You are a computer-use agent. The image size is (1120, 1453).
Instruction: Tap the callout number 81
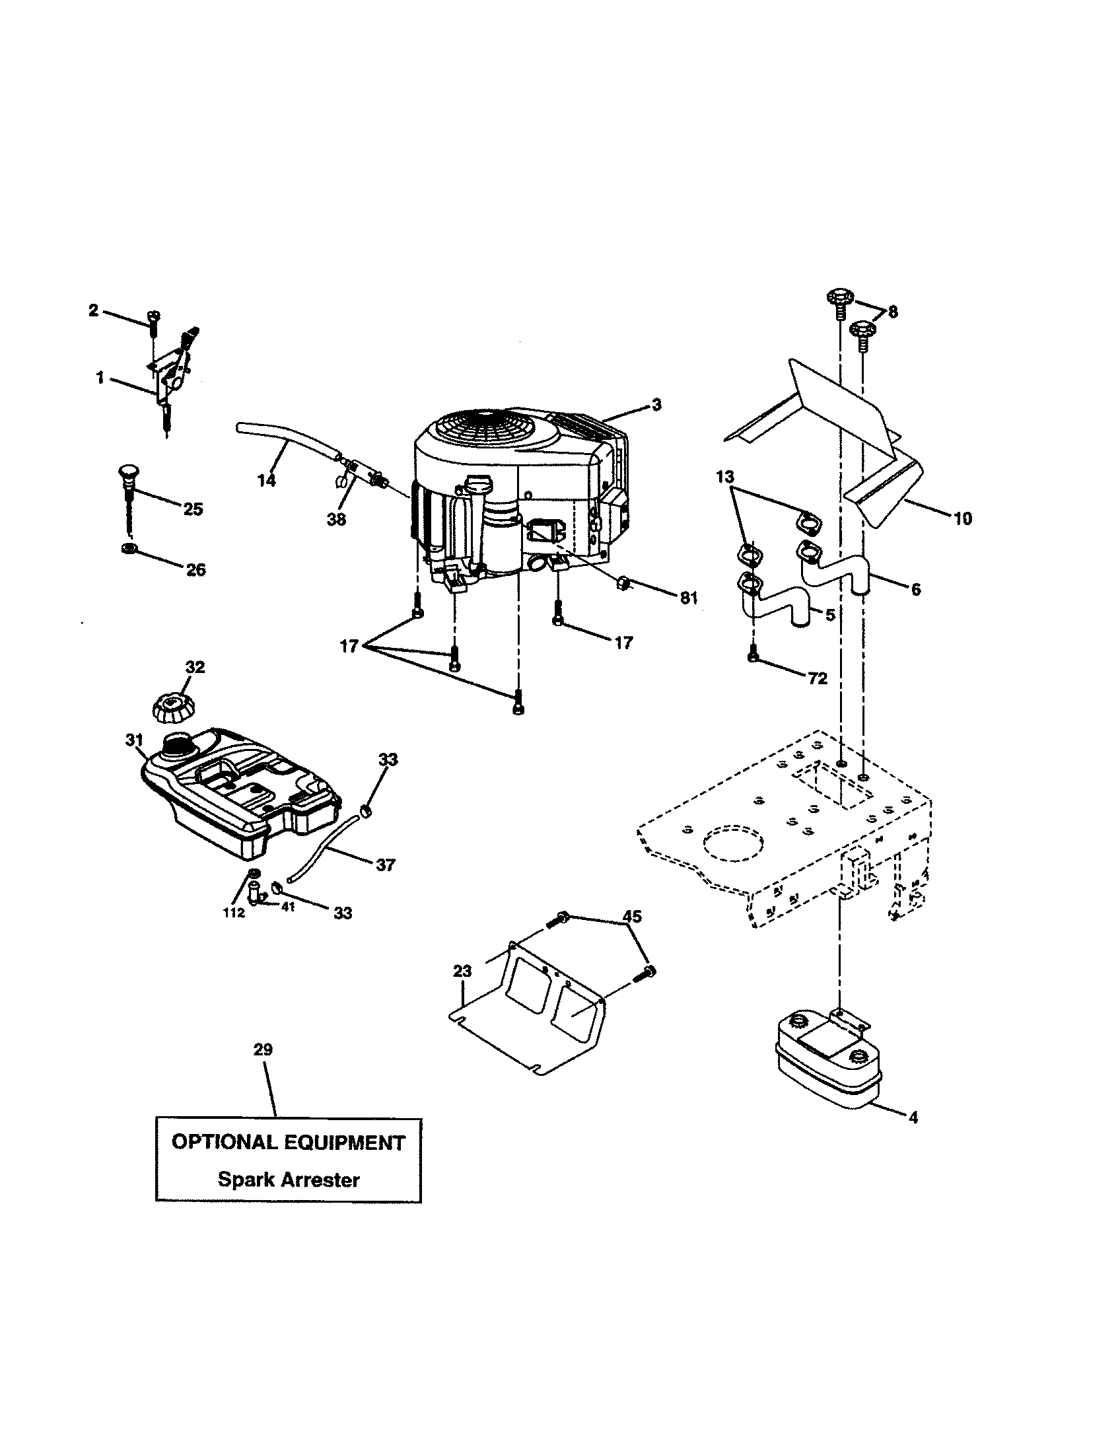click(688, 598)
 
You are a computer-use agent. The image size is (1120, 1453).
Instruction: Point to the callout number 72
click(817, 678)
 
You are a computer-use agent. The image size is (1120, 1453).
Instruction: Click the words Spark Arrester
click(289, 1180)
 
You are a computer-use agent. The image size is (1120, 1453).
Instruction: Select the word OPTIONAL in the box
click(223, 1143)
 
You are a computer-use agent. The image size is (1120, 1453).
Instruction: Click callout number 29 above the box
click(263, 1050)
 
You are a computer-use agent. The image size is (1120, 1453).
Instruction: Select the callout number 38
click(337, 520)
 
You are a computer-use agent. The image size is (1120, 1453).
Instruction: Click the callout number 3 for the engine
click(656, 404)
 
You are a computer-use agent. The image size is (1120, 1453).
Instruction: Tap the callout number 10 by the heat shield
click(962, 518)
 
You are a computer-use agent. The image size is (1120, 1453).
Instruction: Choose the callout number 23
click(462, 972)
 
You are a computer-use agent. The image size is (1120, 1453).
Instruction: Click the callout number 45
click(632, 917)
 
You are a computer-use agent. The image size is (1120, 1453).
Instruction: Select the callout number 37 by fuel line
click(385, 865)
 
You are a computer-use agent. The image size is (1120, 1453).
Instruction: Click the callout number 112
click(234, 913)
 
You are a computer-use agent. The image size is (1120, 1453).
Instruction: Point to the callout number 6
click(915, 588)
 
